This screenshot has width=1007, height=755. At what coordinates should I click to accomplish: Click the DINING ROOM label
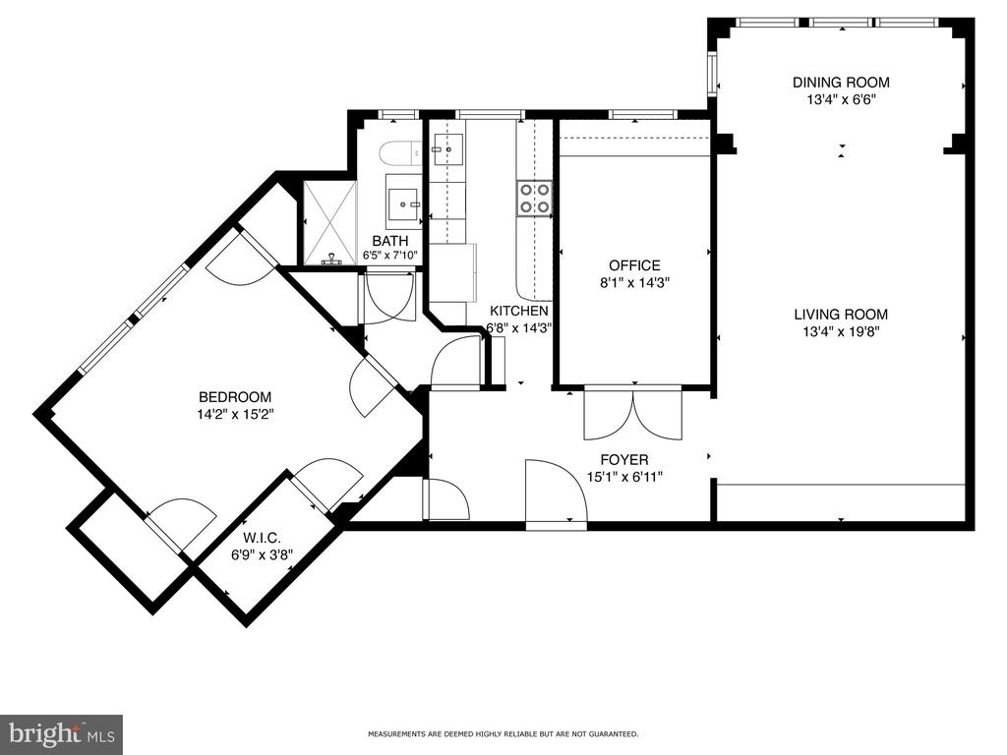coord(841,83)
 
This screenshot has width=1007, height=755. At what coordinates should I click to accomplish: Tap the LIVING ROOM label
coord(841,315)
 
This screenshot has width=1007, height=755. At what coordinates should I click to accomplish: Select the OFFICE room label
coord(634,265)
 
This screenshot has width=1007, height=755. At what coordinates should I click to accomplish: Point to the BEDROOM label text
coord(235,397)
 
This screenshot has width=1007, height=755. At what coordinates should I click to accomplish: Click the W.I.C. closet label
coord(262,538)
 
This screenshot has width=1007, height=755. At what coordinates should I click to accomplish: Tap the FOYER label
coord(624,460)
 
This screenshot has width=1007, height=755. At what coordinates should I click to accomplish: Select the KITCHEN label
coord(519,312)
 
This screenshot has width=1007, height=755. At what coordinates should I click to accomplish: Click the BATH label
coord(390,241)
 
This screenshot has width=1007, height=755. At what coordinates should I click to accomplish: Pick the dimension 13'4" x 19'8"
coord(841,332)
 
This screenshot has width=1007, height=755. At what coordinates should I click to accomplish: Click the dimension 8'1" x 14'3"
coord(634,282)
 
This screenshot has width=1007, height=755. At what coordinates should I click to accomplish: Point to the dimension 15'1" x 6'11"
coord(624,477)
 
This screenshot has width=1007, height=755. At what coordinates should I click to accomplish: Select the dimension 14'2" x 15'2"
coord(235,414)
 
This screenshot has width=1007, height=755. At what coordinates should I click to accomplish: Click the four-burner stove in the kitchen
coord(534,198)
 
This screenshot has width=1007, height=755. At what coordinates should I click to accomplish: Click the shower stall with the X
coord(330,223)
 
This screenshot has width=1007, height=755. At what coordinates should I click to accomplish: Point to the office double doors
coord(632,414)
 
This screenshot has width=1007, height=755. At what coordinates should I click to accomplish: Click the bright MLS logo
coord(61,733)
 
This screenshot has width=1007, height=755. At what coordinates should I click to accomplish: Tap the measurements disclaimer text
coord(503,733)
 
